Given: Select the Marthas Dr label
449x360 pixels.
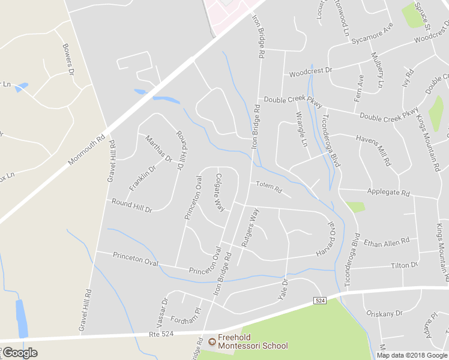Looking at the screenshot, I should coord(158,149).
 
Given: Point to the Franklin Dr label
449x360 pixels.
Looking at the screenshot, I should coord(142,178).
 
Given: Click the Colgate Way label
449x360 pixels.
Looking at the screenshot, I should coord(220,193).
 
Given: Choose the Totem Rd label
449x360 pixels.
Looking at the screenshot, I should coord(268,187).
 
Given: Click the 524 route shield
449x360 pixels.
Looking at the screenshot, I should coord(319,300).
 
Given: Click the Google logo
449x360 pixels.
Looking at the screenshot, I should coord(20,353).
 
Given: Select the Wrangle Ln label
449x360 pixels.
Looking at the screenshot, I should coord(301,129).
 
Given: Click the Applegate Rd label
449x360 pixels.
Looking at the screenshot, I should coord(388,193).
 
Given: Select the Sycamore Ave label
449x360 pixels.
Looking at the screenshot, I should coord(372,35).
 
